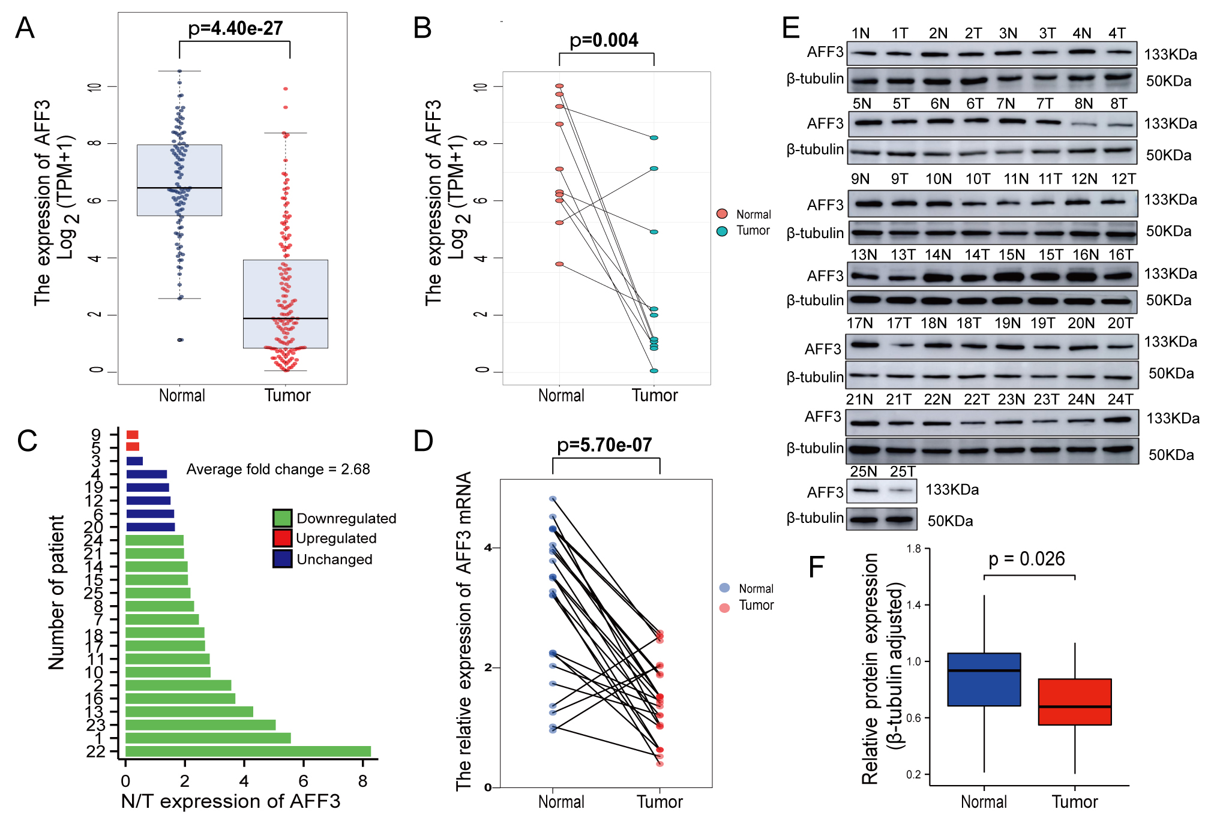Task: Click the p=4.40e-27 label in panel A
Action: click(235, 28)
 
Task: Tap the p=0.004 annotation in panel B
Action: click(604, 40)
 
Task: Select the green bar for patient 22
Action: click(248, 751)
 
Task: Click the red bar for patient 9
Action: click(133, 435)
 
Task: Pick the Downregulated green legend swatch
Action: click(282, 518)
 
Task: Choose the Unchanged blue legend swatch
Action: click(282, 559)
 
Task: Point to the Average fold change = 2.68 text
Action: click(278, 469)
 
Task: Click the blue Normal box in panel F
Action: click(984, 679)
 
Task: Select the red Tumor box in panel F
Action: click(1074, 702)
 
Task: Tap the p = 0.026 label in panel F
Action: click(1026, 559)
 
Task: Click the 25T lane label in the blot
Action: click(903, 471)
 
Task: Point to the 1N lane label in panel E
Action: click(860, 34)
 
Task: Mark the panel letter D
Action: click(423, 441)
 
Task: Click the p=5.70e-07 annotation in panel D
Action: click(604, 445)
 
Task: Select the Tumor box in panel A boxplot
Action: click(285, 303)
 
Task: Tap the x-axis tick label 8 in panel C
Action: click(362, 781)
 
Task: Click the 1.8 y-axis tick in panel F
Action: click(913, 549)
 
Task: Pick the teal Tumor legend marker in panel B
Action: click(722, 231)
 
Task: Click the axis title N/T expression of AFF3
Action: click(230, 801)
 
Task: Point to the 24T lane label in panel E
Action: click(1120, 399)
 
